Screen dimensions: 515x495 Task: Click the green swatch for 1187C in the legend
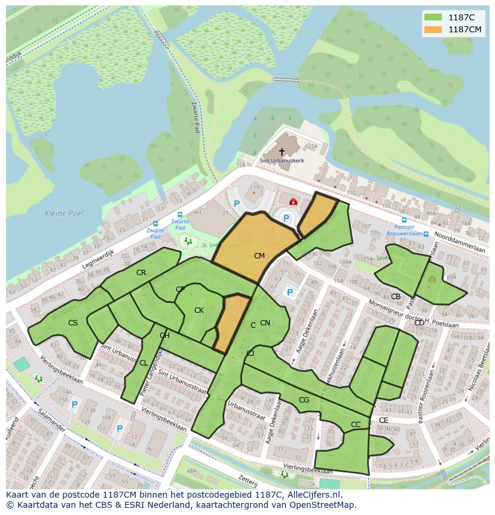click(x=433, y=17)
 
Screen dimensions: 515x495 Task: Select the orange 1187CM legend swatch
click(x=433, y=29)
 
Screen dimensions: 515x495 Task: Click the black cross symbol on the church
click(x=282, y=152)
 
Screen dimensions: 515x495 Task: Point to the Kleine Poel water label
click(x=64, y=213)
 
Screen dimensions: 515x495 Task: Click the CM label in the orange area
click(x=259, y=256)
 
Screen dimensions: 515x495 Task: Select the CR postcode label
click(x=141, y=273)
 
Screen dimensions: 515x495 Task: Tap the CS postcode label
click(x=73, y=323)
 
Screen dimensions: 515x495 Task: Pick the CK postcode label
click(x=199, y=310)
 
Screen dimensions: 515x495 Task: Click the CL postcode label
click(x=143, y=363)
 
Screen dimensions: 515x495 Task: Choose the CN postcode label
click(x=265, y=323)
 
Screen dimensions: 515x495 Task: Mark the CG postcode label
click(x=304, y=400)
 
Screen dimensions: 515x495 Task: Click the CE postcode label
click(x=383, y=420)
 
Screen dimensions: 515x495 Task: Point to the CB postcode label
click(x=395, y=297)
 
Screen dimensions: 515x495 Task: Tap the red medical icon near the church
click(x=293, y=202)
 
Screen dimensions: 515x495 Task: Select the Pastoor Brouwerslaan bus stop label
click(x=404, y=231)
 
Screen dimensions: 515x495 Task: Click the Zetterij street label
click(x=247, y=480)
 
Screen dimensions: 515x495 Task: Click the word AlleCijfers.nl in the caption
click(x=313, y=495)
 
